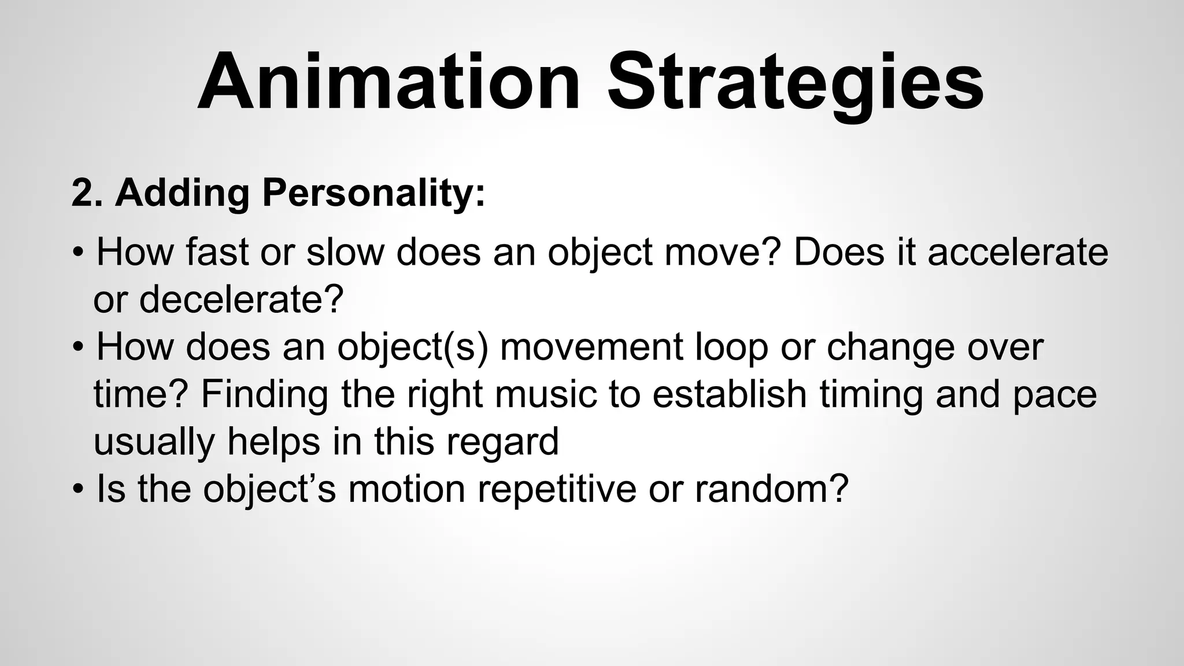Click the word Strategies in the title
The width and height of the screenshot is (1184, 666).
pos(795,82)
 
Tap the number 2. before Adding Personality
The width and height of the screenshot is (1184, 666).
pos(87,193)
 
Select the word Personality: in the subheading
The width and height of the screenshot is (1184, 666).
pos(373,193)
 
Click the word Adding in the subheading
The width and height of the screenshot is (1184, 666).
pos(182,193)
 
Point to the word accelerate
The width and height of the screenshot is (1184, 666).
pos(1017,253)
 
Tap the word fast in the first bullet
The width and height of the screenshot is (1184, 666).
pos(217,253)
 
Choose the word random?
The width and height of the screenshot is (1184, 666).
pos(771,489)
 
